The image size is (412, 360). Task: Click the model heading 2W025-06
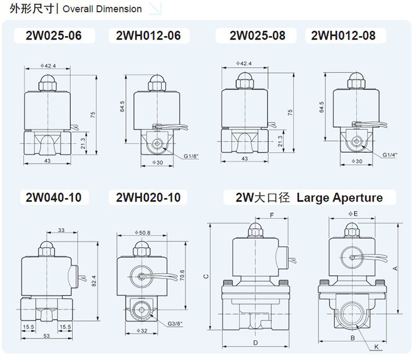coord(53,35)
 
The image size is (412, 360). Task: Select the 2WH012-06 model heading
coord(144,35)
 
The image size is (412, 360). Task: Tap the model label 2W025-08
coord(257,35)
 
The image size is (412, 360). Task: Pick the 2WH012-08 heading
coord(344,35)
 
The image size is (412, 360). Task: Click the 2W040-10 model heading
coord(53,197)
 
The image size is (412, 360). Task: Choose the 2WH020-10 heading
coord(144,197)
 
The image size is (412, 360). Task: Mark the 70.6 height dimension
coord(182,275)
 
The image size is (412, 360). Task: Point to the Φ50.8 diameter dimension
coord(142,233)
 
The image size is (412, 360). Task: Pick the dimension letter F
coord(272,215)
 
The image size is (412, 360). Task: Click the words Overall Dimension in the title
coord(102,9)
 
